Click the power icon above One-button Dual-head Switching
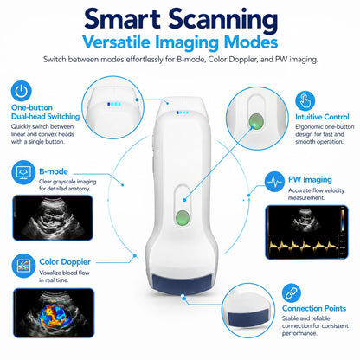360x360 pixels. (x=21, y=91)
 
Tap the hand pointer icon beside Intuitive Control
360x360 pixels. (x=305, y=100)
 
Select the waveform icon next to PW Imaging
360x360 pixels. (x=274, y=182)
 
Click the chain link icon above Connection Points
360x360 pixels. (x=292, y=293)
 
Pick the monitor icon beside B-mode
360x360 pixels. (x=23, y=172)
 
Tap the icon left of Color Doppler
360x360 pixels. (x=23, y=266)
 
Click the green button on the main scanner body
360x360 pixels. (x=183, y=218)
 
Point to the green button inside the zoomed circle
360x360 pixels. (x=256, y=120)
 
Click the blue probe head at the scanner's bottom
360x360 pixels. (x=182, y=284)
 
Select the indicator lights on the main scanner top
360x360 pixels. (x=183, y=112)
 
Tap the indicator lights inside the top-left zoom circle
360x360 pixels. (x=114, y=104)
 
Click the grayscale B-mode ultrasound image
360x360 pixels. (x=53, y=218)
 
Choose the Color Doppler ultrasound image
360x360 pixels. (x=54, y=313)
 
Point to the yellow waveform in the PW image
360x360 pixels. (x=304, y=247)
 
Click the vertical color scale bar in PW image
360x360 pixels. (x=343, y=220)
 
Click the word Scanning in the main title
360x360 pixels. (x=223, y=19)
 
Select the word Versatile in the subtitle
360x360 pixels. (x=117, y=42)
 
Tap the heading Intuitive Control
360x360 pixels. (x=322, y=117)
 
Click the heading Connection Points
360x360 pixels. (x=314, y=308)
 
